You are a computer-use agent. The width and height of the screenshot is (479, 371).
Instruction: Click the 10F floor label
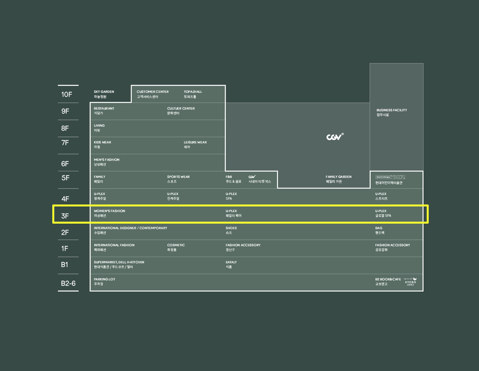pos(67,95)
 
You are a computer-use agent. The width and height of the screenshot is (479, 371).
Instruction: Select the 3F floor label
pos(65,216)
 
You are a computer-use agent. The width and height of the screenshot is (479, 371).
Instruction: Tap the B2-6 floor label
pos(68,283)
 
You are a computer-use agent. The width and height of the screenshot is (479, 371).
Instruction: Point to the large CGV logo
pos(335,137)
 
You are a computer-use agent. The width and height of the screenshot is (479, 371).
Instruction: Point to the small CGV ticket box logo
pos(252,177)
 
